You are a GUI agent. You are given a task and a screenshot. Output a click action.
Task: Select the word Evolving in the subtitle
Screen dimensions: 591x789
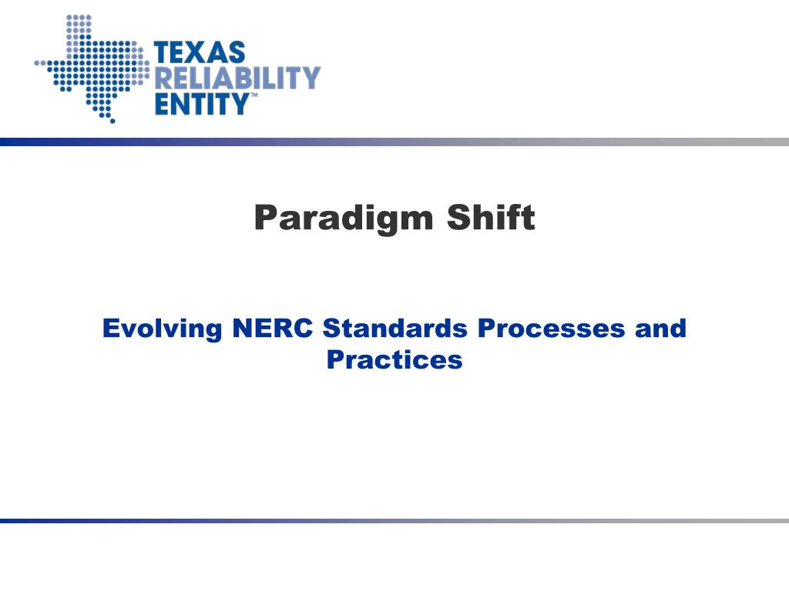tap(161, 329)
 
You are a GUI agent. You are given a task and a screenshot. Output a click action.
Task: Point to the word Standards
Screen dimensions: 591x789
tap(395, 329)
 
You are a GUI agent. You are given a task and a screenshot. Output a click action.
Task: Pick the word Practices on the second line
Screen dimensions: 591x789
tap(394, 359)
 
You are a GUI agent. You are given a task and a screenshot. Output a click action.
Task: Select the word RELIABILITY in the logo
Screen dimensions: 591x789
tap(237, 78)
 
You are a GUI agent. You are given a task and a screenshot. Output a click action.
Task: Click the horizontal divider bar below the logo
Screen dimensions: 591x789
tap(394, 142)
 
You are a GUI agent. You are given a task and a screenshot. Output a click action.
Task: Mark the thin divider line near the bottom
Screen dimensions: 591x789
tap(394, 521)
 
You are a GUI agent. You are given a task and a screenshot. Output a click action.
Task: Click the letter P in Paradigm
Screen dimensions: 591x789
tap(264, 218)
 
